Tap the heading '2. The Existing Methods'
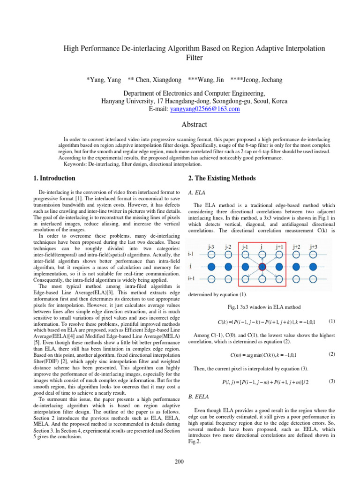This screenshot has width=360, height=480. [x=222, y=178]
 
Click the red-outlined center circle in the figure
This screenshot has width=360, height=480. [x=262, y=266]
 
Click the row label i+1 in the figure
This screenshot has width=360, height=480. [x=192, y=278]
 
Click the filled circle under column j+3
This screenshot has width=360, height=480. [x=314, y=266]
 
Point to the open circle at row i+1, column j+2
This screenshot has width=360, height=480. [x=297, y=279]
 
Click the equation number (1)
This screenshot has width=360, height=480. [x=332, y=321]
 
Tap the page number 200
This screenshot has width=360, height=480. [x=179, y=462]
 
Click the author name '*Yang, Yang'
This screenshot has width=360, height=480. [x=104, y=80]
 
